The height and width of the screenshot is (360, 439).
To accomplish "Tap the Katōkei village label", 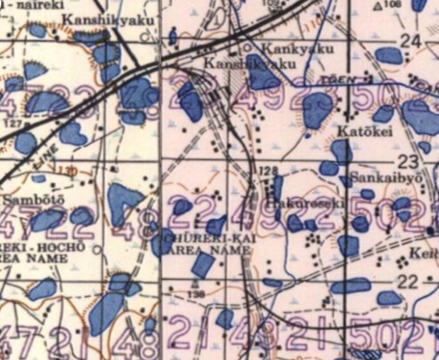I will (x=357, y=131).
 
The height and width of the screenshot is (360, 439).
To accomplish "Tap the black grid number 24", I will (x=411, y=40).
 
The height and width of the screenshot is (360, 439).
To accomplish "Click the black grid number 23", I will (x=408, y=160).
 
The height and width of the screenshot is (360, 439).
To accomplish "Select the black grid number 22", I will (x=408, y=281).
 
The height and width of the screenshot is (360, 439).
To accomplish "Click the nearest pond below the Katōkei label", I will (x=342, y=151).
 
